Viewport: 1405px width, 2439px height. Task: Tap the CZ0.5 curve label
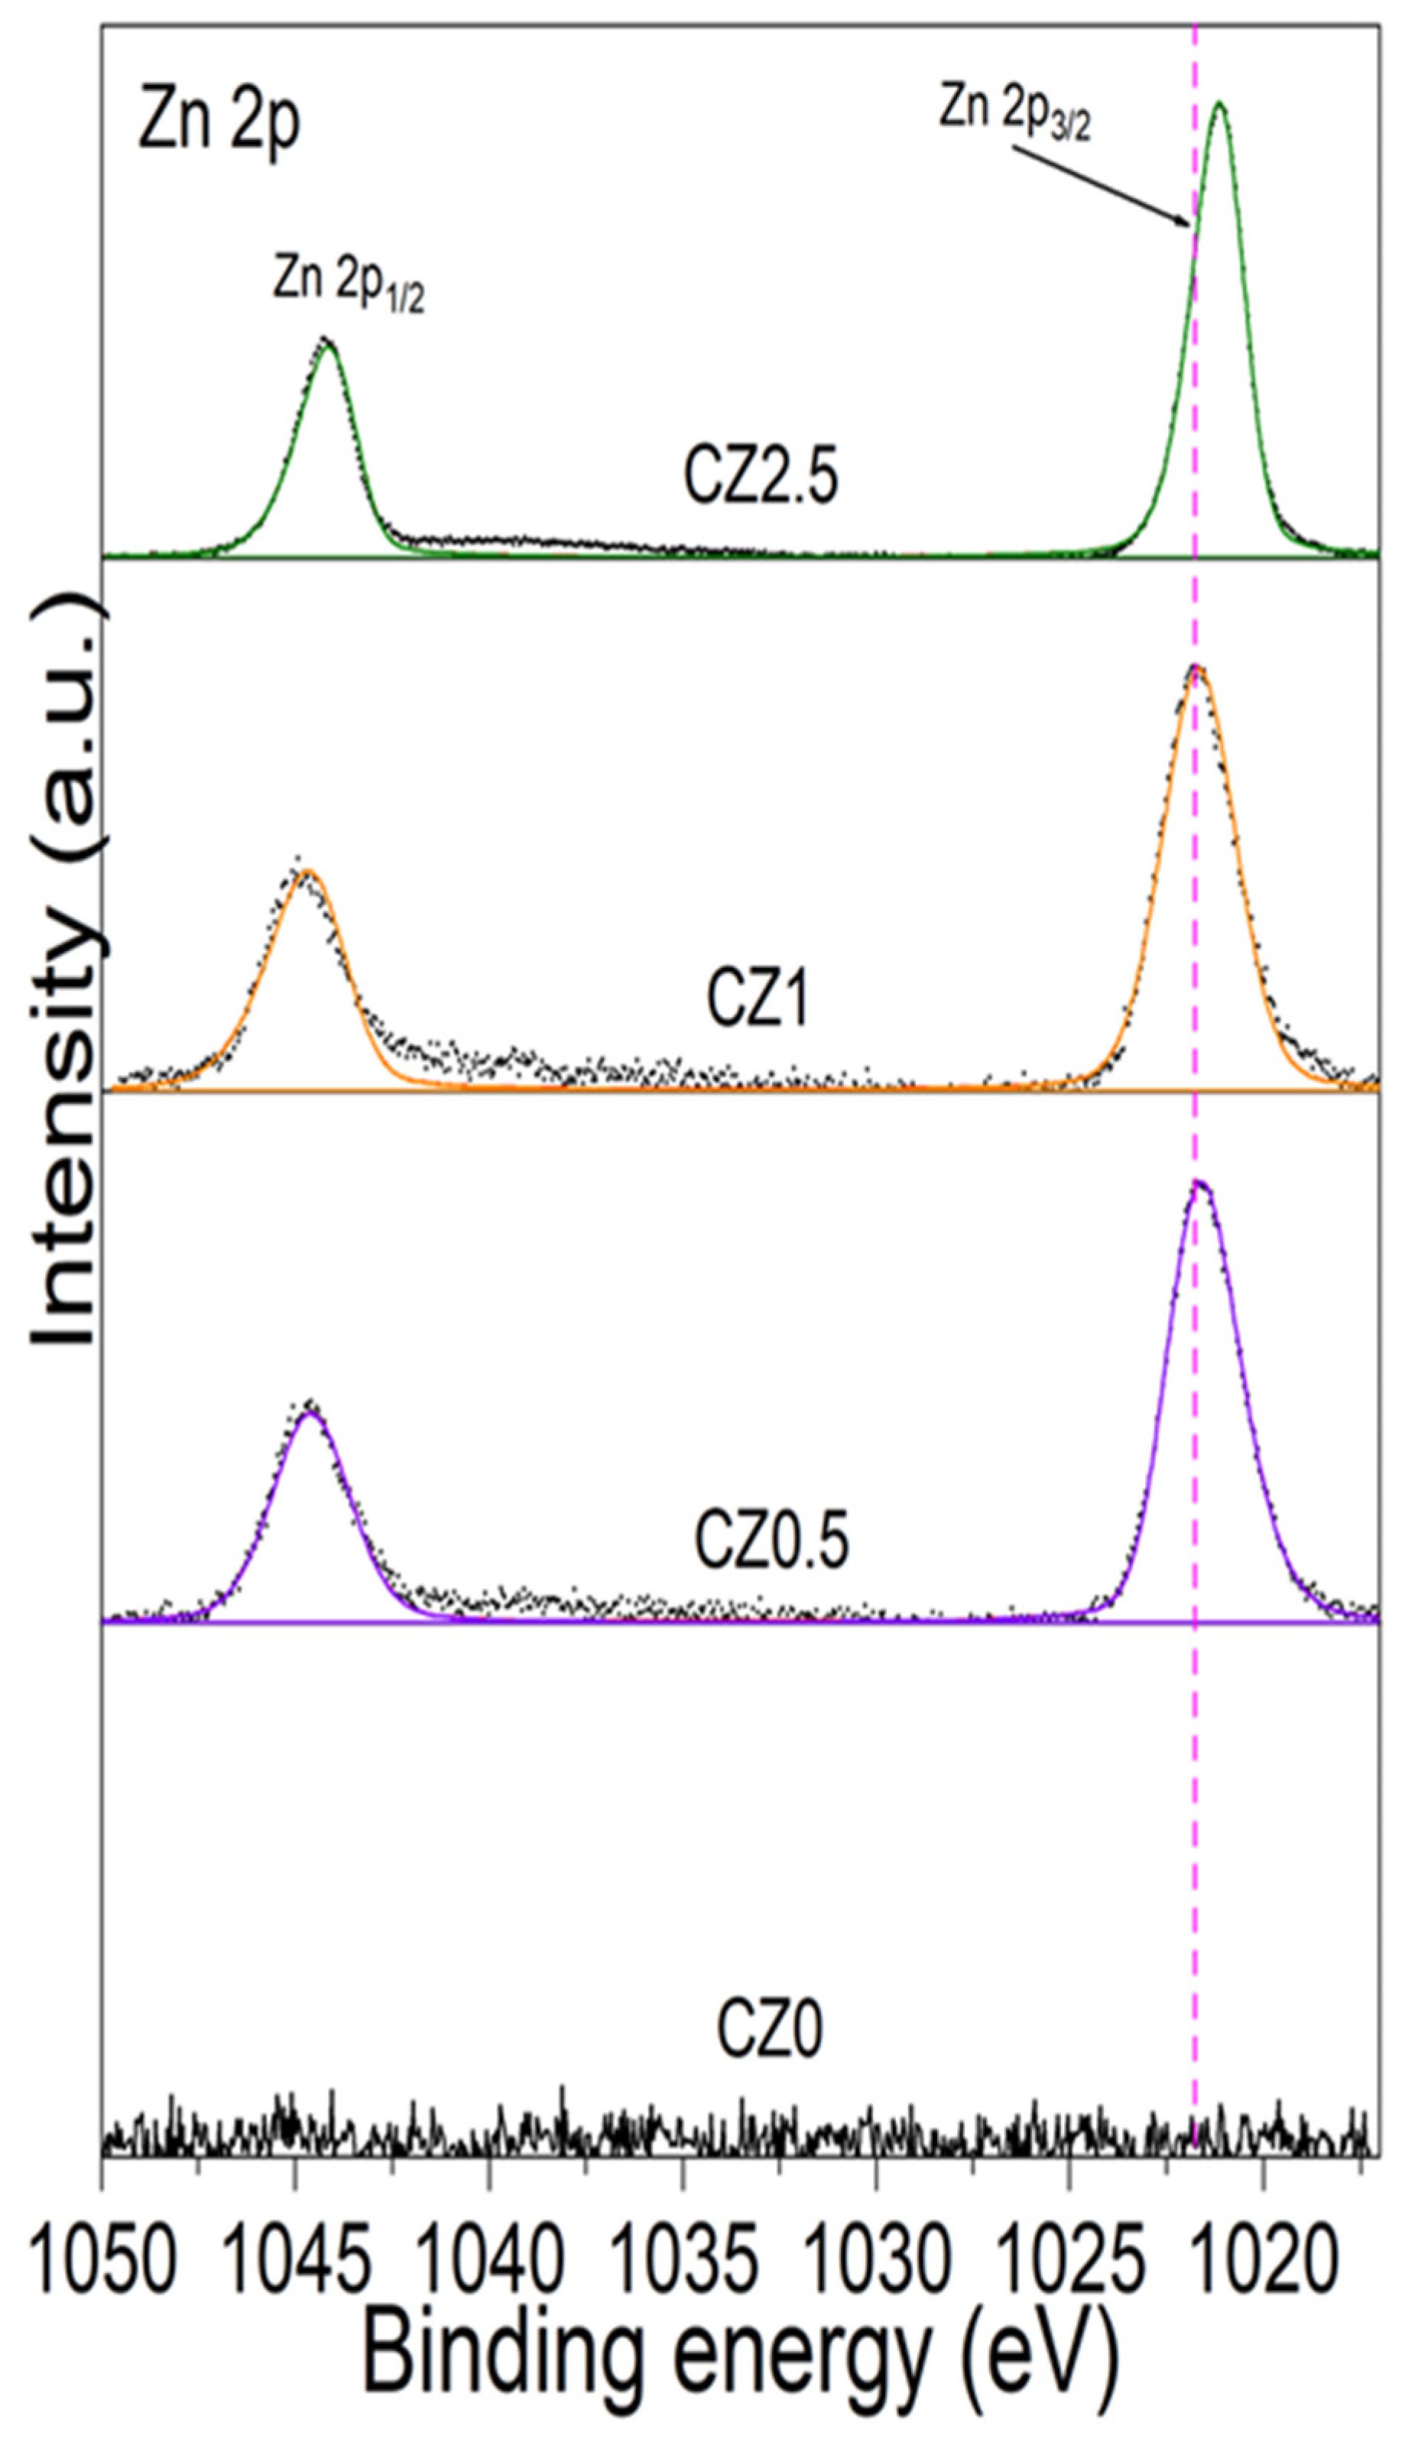pyautogui.click(x=771, y=1541)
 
